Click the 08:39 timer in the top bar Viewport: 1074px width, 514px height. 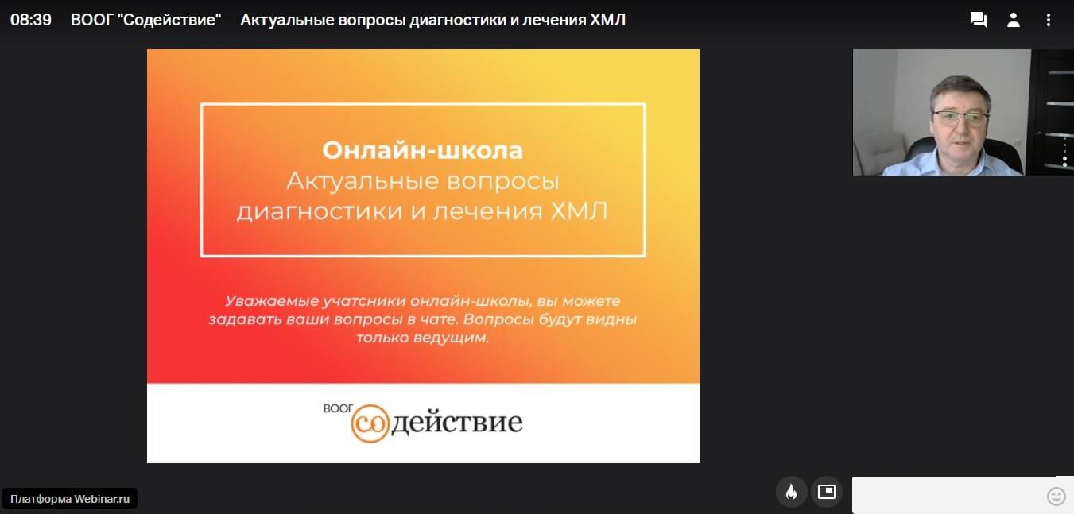click(x=31, y=20)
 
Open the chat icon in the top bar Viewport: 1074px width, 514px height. click(x=978, y=20)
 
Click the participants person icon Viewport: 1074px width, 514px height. click(x=1013, y=20)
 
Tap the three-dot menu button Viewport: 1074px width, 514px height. click(x=1049, y=20)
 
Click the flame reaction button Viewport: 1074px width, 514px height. click(x=791, y=492)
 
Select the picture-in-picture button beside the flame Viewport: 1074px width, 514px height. click(x=827, y=492)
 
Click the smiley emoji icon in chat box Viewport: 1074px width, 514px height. click(x=1056, y=497)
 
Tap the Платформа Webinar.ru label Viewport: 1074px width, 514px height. click(x=70, y=499)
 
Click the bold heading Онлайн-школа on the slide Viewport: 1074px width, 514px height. click(x=422, y=150)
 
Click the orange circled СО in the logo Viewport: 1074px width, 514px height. click(x=369, y=423)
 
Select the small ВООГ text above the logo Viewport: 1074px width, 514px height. click(x=338, y=408)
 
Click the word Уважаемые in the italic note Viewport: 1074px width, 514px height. click(x=272, y=301)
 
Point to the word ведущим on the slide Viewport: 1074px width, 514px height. click(x=451, y=338)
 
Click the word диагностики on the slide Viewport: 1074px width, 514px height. click(x=320, y=212)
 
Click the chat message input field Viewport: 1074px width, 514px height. click(x=947, y=495)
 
